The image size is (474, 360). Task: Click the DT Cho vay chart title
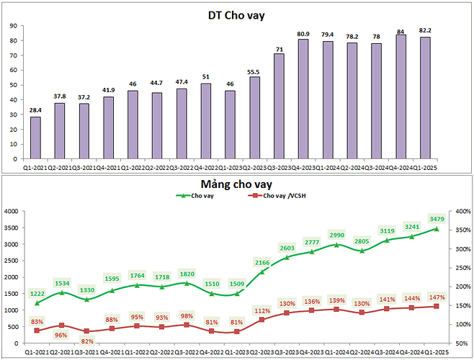pos(236,15)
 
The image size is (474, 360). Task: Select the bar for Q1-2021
pos(35,138)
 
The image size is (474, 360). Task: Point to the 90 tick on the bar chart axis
pos(13,25)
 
